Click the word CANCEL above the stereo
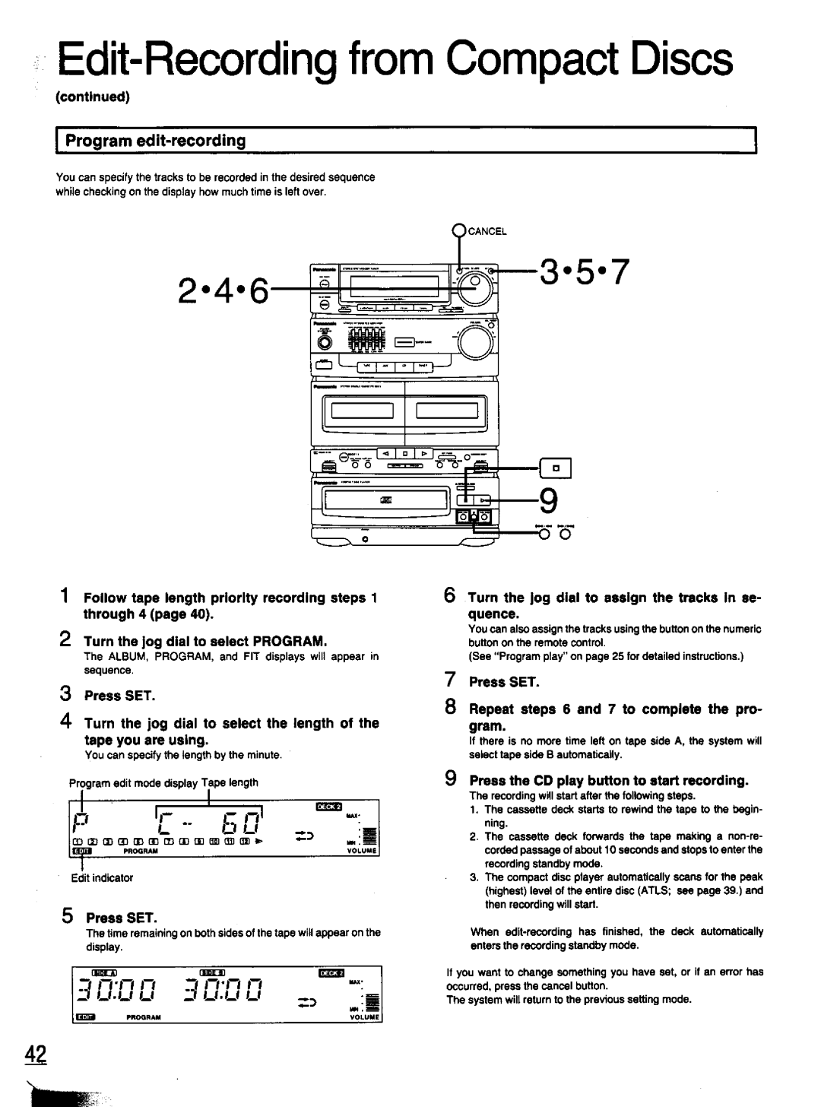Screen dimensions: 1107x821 click(487, 231)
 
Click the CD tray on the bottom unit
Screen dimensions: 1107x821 click(384, 499)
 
